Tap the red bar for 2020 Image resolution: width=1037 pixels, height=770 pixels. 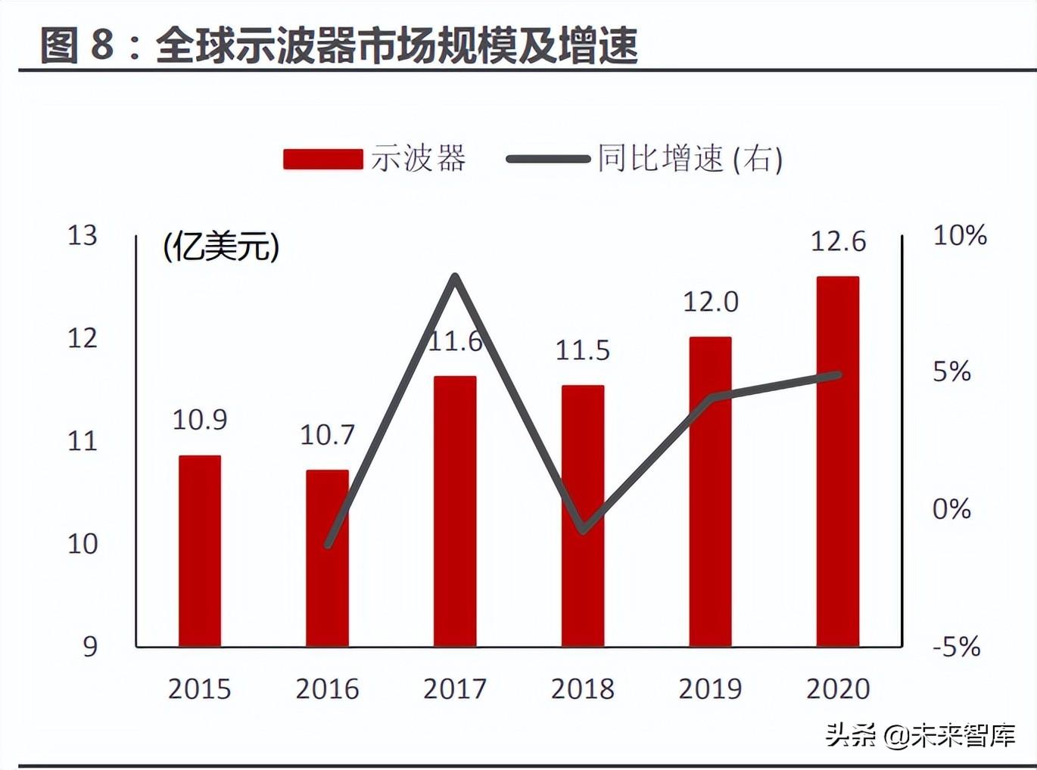[x=838, y=461]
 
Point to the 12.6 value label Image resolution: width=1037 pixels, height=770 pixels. [x=838, y=242]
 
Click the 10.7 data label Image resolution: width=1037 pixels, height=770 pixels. [x=327, y=435]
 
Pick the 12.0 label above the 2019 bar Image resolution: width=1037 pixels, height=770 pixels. [x=710, y=303]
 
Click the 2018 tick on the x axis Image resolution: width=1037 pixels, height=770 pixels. [x=582, y=689]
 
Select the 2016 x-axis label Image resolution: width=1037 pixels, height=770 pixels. [x=327, y=689]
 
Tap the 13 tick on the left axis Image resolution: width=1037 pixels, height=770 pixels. [x=83, y=236]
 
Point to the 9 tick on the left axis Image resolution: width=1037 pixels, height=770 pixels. [x=90, y=647]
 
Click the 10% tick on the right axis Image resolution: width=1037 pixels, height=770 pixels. [x=960, y=236]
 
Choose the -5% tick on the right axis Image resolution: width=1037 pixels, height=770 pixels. [x=956, y=647]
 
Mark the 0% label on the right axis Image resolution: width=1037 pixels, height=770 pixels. [x=951, y=509]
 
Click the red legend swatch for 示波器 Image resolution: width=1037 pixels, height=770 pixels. [x=322, y=159]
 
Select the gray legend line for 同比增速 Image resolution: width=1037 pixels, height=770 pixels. [x=547, y=159]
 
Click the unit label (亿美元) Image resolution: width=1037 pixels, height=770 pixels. [x=221, y=247]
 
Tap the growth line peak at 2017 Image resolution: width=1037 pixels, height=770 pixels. [x=455, y=277]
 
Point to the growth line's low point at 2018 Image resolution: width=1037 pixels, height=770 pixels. [x=583, y=530]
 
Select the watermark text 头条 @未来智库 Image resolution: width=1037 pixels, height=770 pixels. [x=920, y=734]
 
